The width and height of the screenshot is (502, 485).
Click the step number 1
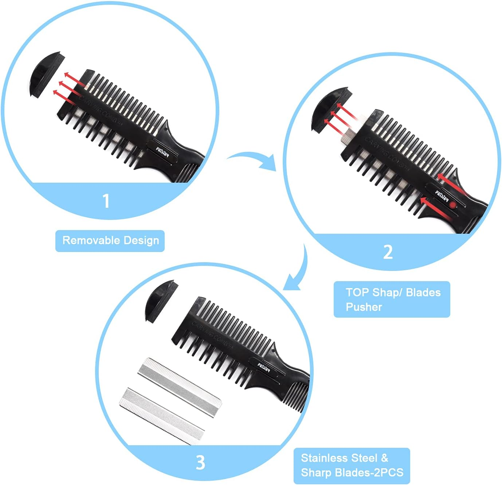106,201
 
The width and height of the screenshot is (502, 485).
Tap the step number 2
388,252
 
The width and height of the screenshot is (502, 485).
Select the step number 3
200,462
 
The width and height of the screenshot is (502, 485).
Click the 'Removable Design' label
110,241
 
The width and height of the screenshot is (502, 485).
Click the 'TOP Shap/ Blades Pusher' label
392,299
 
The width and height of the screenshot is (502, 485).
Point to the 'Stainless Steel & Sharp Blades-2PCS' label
352,465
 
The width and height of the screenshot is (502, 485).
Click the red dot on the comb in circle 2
452,205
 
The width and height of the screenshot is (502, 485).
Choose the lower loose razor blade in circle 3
162,415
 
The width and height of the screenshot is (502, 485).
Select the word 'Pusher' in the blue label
364,307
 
